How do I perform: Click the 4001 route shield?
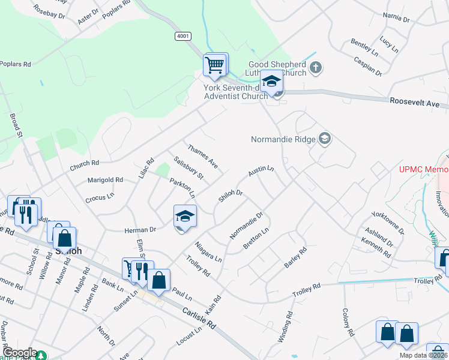183,37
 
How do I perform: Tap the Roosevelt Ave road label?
414,103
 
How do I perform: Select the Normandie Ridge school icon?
325,139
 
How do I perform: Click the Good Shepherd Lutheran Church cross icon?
316,68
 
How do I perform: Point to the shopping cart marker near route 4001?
215,64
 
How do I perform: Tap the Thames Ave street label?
202,155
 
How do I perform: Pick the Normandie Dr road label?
247,225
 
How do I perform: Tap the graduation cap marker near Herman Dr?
185,217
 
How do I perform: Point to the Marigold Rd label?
105,179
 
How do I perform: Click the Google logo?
19,353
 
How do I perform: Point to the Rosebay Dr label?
49,11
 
